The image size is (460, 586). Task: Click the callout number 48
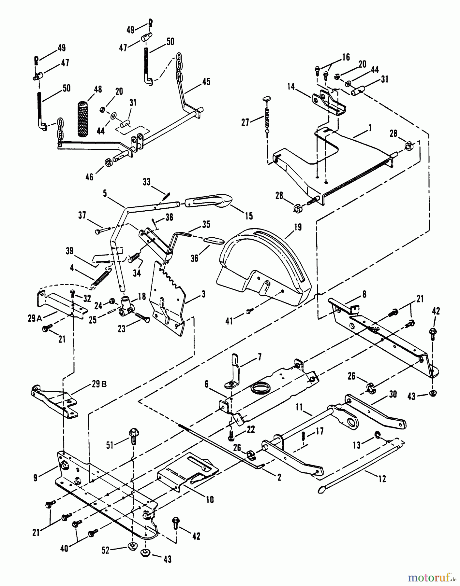click(x=97, y=89)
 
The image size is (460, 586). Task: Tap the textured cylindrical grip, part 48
click(x=85, y=119)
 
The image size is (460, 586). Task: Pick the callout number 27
click(x=245, y=123)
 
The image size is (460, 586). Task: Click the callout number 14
click(x=291, y=87)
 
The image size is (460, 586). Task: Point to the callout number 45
click(x=206, y=81)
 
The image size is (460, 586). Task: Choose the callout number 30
click(x=393, y=394)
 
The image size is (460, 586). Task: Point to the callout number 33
click(x=147, y=182)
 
